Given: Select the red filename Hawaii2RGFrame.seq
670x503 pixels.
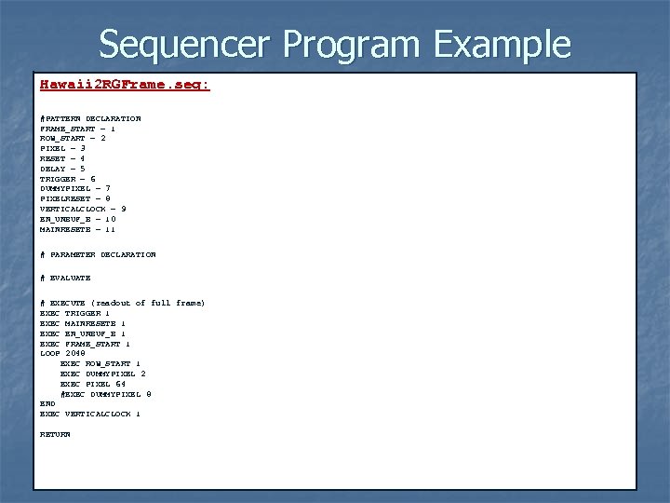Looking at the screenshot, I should pos(125,85).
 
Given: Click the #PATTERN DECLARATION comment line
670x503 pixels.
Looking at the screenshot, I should pos(90,118).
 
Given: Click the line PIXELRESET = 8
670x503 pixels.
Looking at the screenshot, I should pos(75,198).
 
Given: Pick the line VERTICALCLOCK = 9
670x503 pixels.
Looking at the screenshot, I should pos(83,209).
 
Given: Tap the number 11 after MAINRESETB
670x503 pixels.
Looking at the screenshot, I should pos(110,229).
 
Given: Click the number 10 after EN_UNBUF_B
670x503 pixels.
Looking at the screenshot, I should pos(110,219).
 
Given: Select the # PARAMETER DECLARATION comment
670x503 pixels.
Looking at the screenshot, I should pos(98,254).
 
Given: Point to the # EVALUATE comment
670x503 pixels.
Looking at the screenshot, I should pos(65,278).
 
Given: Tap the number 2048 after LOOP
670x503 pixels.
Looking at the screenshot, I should pos(74,354).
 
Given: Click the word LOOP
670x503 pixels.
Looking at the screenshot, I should pos(49,354).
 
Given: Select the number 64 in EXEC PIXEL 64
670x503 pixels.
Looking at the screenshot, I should pos(120,384).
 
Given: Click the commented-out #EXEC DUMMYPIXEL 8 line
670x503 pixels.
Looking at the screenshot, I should pos(105,394).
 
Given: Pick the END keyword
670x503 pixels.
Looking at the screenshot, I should pos(47,403).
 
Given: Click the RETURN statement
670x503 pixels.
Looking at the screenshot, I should pos(55,434).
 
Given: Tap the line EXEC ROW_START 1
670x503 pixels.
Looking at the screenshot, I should pos(100,363).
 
